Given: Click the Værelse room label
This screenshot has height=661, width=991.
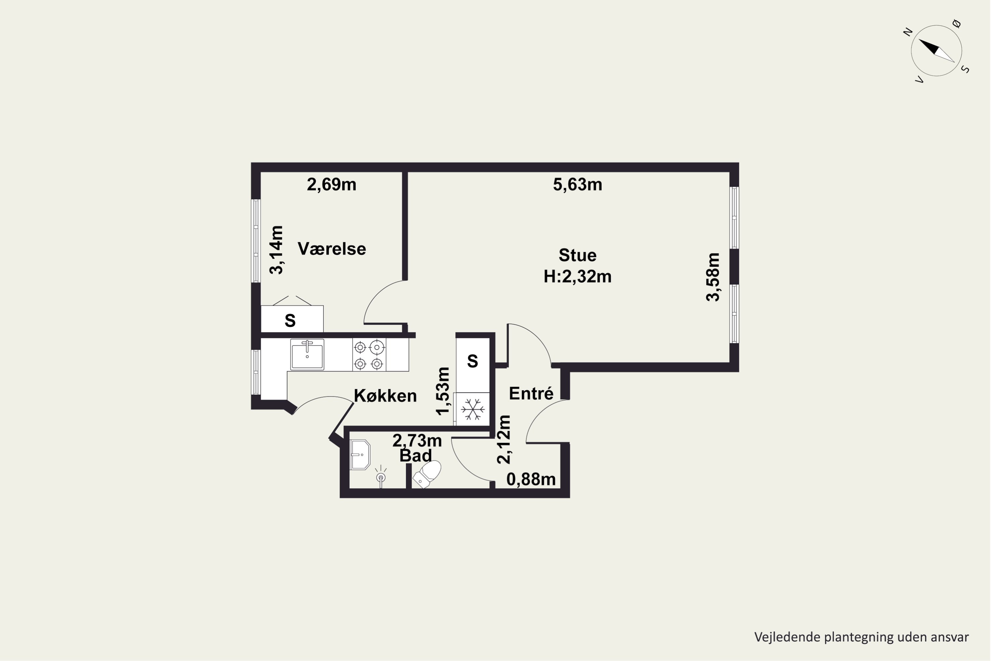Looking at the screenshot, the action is coord(332,249).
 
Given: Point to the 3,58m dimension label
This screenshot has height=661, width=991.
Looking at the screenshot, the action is coord(713,277).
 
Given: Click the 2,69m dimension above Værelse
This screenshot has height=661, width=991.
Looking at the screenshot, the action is coord(331,185).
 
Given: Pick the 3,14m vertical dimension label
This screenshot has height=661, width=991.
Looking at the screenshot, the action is coord(276,250).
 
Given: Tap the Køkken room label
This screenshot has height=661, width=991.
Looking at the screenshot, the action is coord(385,396).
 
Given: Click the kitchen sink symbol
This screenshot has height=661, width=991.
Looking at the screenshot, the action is coord(307,355).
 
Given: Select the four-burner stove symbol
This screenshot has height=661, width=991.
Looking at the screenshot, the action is coord(369,355).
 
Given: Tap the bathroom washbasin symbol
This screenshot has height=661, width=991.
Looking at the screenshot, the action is coord(360,455).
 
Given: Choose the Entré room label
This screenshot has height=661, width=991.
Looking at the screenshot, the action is coord(531,393).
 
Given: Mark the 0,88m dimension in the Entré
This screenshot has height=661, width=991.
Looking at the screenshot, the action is coord(531,479).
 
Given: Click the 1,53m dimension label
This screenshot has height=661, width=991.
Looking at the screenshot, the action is coord(443,391).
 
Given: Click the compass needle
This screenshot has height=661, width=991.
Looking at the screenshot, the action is coord(936,51).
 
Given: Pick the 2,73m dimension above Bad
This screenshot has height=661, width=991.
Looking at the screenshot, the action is coord(417,441).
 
